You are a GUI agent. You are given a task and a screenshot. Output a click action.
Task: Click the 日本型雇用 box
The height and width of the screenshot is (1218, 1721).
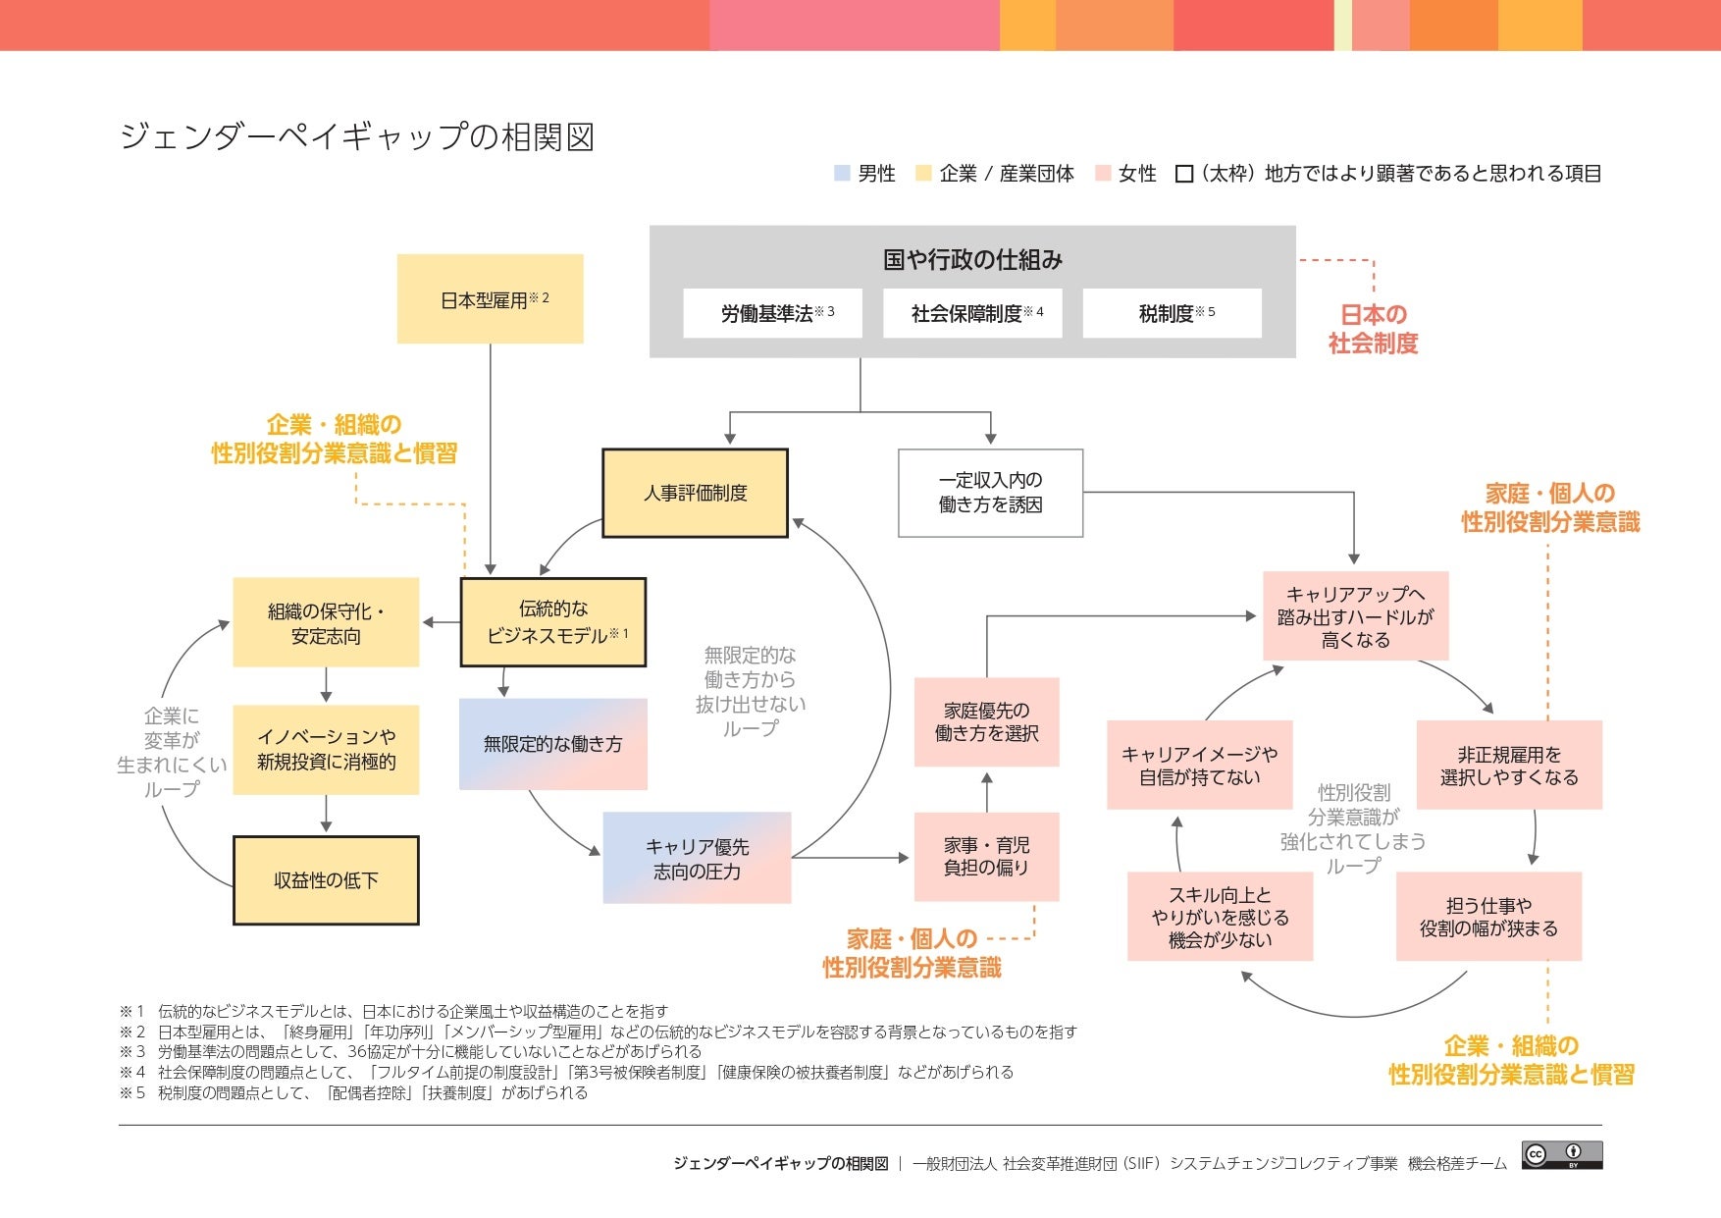click(x=490, y=298)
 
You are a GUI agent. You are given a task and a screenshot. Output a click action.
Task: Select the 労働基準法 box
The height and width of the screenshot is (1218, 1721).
click(x=772, y=313)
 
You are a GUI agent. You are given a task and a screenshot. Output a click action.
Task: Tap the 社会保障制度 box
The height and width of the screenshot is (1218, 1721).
click(x=972, y=313)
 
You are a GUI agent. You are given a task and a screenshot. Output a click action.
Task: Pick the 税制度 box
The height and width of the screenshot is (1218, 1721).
click(x=1172, y=313)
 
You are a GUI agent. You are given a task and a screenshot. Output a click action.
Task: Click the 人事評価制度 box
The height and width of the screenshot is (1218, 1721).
click(x=695, y=493)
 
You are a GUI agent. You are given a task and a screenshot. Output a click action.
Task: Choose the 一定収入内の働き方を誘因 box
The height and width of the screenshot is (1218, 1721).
click(x=990, y=493)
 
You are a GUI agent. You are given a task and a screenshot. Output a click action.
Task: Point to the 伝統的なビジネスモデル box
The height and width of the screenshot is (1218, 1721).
click(x=553, y=622)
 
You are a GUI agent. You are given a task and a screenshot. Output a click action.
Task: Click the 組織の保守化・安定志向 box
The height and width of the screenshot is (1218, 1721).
click(x=326, y=622)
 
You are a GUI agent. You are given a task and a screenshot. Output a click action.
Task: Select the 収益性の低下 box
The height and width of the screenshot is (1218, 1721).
click(x=326, y=880)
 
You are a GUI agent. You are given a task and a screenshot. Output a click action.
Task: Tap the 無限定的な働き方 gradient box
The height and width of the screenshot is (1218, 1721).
click(x=552, y=744)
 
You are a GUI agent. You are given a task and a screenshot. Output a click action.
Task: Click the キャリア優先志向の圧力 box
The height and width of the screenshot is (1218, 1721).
click(x=697, y=858)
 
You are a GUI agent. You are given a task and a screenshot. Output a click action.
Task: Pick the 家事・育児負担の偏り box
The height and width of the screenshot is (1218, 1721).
click(x=986, y=856)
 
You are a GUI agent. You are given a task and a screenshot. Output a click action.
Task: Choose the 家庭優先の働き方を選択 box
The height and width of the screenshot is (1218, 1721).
click(x=986, y=721)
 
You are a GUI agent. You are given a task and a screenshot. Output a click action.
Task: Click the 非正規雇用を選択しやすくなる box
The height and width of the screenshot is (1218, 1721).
click(x=1509, y=765)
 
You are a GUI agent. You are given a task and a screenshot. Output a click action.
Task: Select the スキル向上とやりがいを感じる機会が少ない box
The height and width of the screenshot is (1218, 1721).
click(x=1220, y=917)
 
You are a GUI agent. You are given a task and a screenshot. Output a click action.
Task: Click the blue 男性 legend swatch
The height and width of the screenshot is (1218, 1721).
click(x=842, y=174)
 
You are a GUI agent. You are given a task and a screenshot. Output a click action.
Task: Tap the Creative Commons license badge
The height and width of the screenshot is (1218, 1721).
click(x=1562, y=1155)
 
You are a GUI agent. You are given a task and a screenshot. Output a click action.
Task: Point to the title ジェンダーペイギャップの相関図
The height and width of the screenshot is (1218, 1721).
click(x=357, y=136)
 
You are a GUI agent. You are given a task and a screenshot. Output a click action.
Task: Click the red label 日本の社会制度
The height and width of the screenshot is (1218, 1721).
click(x=1373, y=329)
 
